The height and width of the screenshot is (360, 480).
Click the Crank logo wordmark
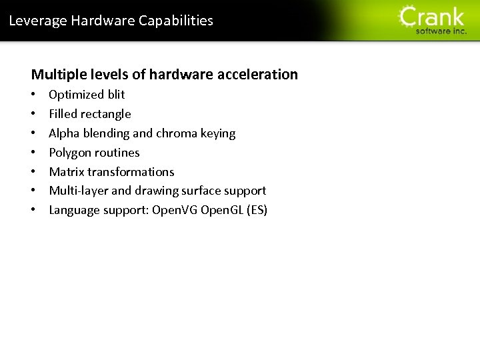[x=432, y=16]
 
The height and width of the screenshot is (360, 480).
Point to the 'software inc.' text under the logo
[x=441, y=31]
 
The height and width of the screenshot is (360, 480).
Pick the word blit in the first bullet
[x=116, y=95]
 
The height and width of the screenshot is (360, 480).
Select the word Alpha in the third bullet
[x=64, y=133]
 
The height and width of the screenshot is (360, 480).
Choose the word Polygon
[x=70, y=153]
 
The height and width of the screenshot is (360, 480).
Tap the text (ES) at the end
[x=257, y=211]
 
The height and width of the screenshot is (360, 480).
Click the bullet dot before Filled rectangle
[x=34, y=114]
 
